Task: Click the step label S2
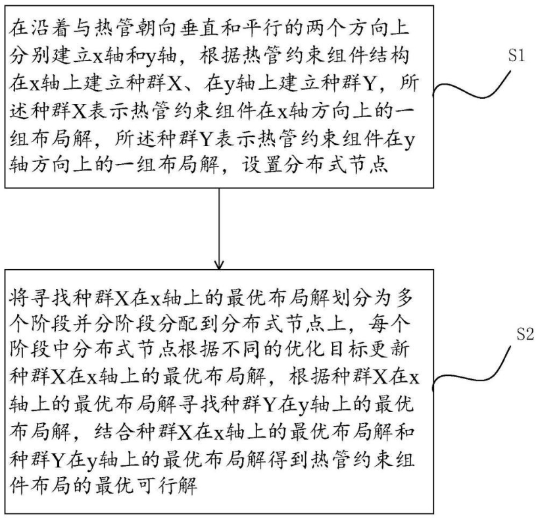coord(524,334)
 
